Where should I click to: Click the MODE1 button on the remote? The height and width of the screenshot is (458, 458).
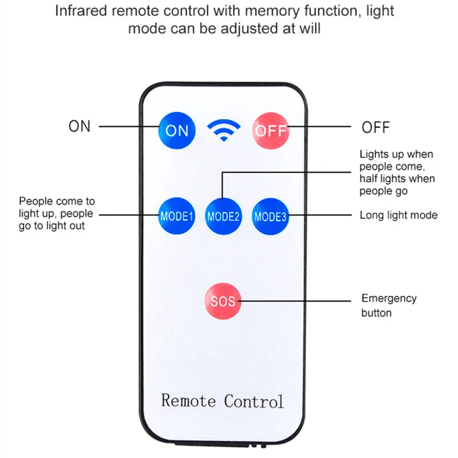177,216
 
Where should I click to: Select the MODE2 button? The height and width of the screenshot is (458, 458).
223,216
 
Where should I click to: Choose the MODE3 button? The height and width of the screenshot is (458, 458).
270,216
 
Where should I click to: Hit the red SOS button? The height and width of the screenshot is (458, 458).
223,301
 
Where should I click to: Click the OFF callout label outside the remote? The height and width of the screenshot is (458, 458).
375,127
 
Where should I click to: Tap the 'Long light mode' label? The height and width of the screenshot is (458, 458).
398,215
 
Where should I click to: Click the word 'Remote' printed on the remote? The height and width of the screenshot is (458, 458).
188,400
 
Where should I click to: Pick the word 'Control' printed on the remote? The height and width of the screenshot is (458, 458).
254,400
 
